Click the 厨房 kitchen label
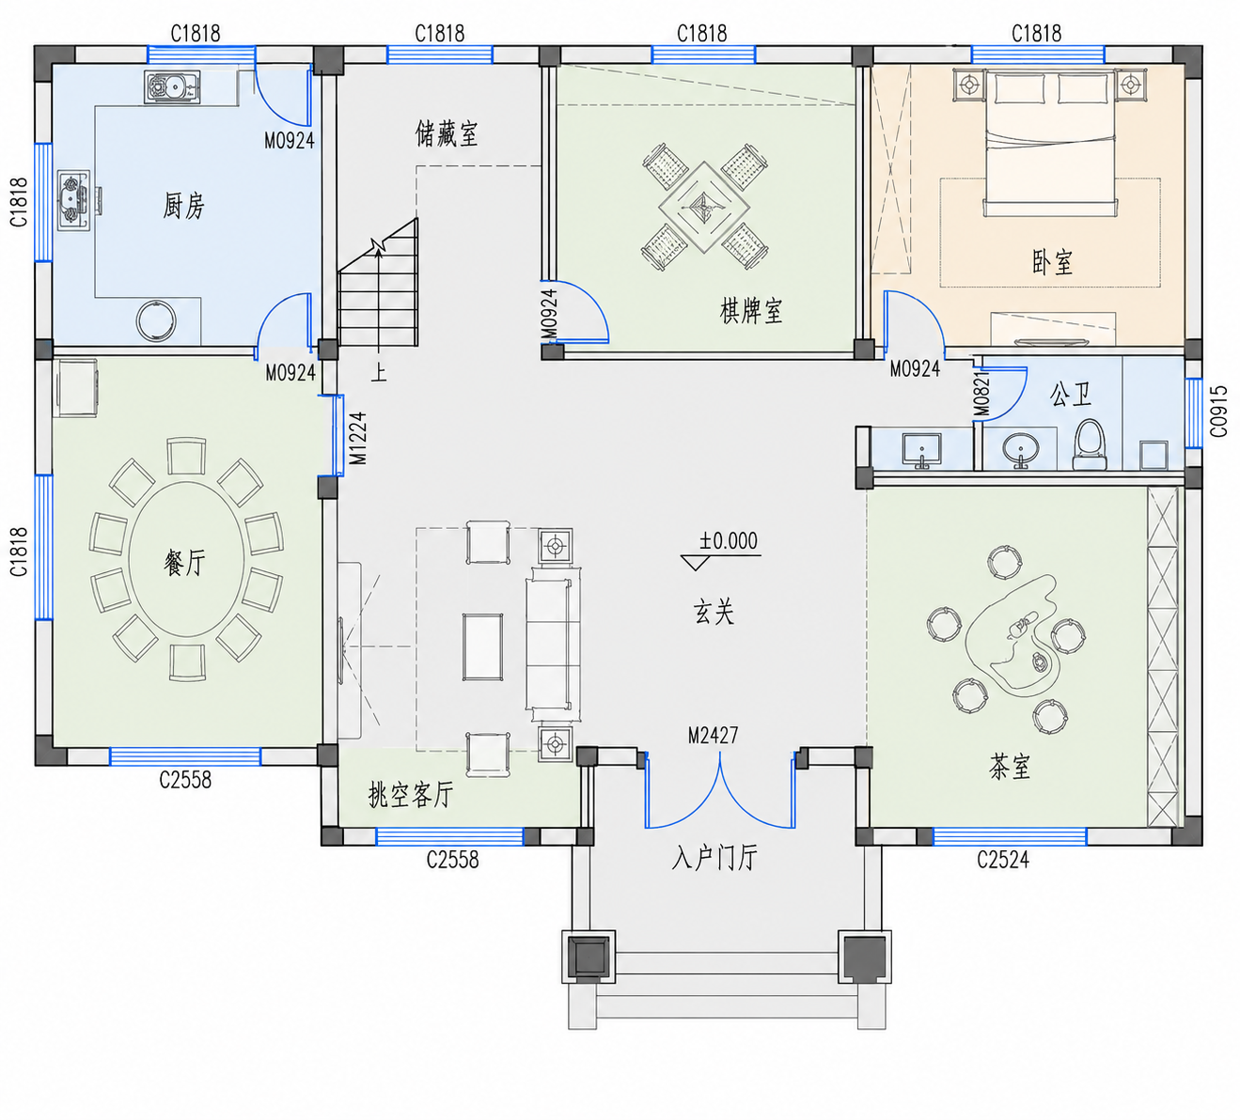pos(183,206)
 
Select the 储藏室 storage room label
pos(447,133)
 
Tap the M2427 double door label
pos(713,735)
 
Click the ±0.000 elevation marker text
pos(729,541)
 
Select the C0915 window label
pos(1218,412)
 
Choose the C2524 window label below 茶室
pos(1003,860)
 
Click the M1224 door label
pos(358,438)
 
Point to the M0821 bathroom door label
pos(981,394)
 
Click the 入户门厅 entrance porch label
pos(714,858)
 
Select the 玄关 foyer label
pos(714,612)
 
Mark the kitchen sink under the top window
pos(172,86)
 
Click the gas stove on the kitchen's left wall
pos(74,200)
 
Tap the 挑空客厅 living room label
pos(411,794)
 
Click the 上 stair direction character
pos(378,372)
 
